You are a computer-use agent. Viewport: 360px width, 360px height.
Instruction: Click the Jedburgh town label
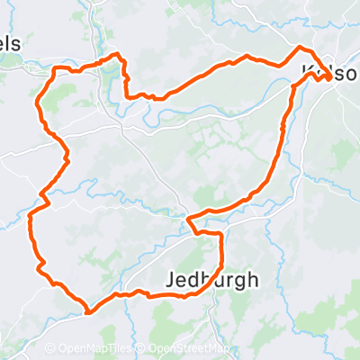pyautogui.click(x=212, y=280)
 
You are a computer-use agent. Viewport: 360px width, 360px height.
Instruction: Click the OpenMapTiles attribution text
pyautogui.click(x=94, y=349)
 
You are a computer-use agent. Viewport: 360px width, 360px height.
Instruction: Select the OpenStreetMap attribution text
pyautogui.click(x=189, y=349)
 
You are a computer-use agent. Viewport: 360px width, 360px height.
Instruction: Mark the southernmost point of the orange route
pyautogui.click(x=89, y=312)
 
